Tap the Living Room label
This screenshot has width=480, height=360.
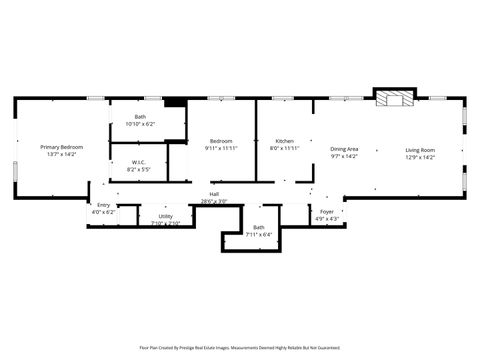[x=420, y=149]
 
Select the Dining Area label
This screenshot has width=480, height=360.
[x=344, y=149]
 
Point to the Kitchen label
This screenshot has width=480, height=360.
[x=285, y=141]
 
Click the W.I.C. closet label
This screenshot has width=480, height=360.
[x=139, y=164]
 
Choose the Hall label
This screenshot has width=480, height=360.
[x=214, y=194]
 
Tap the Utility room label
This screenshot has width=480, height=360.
[x=165, y=216]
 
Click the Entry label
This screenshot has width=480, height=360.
[x=104, y=205]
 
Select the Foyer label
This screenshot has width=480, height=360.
[x=327, y=211]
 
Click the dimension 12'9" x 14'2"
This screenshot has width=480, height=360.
[x=420, y=156]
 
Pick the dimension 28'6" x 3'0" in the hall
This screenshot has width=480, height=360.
[x=214, y=201]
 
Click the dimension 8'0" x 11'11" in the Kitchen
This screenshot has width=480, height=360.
[x=285, y=148]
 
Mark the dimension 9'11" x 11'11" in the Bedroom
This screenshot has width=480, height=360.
[x=221, y=148]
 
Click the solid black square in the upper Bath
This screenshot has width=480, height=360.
[x=175, y=101]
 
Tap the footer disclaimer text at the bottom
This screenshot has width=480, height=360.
[x=240, y=348]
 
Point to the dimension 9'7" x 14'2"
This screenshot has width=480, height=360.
[x=344, y=156]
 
